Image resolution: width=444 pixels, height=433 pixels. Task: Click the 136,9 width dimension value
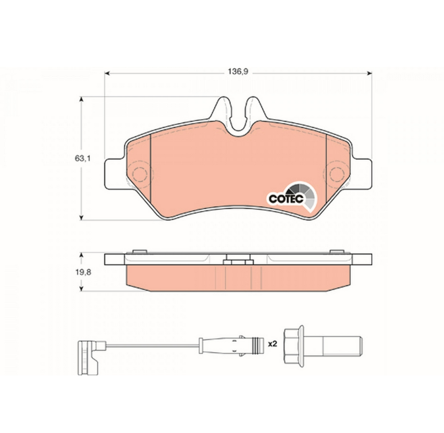click(238, 71)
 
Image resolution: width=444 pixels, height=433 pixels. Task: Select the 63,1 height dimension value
click(82, 159)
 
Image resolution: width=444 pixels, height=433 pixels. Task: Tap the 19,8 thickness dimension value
click(83, 272)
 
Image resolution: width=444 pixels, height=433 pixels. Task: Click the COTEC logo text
click(286, 198)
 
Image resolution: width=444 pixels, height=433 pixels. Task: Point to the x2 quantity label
click(273, 344)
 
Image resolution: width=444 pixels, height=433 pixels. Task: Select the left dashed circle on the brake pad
click(140, 174)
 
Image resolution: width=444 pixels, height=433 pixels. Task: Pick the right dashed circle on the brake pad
click(337, 174)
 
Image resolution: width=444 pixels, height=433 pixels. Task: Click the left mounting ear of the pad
click(115, 174)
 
